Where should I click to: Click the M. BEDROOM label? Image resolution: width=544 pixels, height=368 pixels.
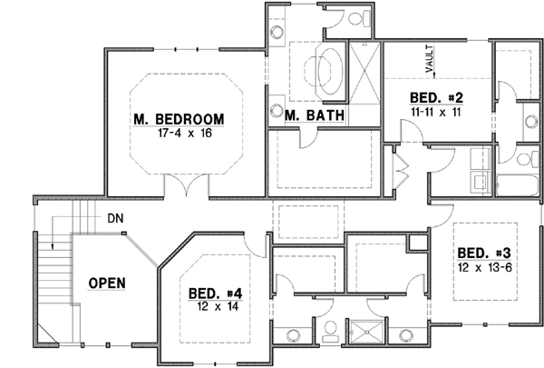coord(178,118)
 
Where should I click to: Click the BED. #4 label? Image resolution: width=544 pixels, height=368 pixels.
coord(215,293)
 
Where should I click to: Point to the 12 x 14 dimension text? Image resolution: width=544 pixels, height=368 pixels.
coord(215,306)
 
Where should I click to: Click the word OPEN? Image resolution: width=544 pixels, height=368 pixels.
coord(107,283)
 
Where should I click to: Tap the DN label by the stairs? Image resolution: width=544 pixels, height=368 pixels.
coord(115,218)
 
